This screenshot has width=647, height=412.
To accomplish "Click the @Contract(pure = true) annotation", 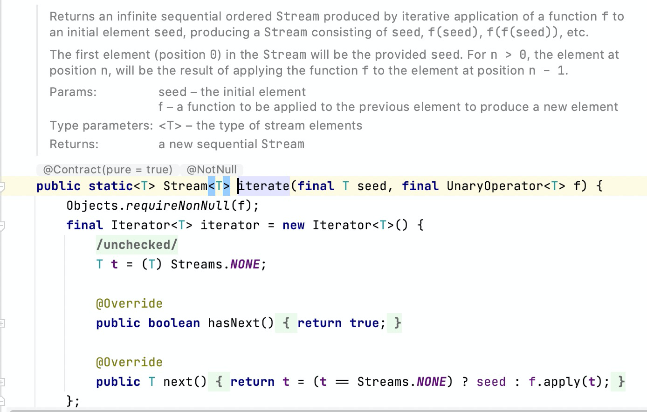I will (x=108, y=170).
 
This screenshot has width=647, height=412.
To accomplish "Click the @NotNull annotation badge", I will (x=212, y=170).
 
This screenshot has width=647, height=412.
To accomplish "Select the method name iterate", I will (x=264, y=186).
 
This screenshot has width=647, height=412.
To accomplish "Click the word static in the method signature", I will (x=111, y=186).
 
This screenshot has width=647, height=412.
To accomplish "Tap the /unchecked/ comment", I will (x=137, y=245).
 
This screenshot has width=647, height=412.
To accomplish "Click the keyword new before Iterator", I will (x=293, y=225).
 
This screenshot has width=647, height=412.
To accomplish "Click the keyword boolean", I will (x=174, y=323).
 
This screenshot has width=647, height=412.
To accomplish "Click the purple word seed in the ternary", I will (x=491, y=382).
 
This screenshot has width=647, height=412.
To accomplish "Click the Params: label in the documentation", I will (x=73, y=92).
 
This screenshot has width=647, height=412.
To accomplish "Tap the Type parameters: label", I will (x=101, y=125).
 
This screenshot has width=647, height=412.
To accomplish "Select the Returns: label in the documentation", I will (x=74, y=144).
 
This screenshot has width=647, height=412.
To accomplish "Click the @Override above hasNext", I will (x=129, y=303).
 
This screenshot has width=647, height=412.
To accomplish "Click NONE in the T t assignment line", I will (x=245, y=264).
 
